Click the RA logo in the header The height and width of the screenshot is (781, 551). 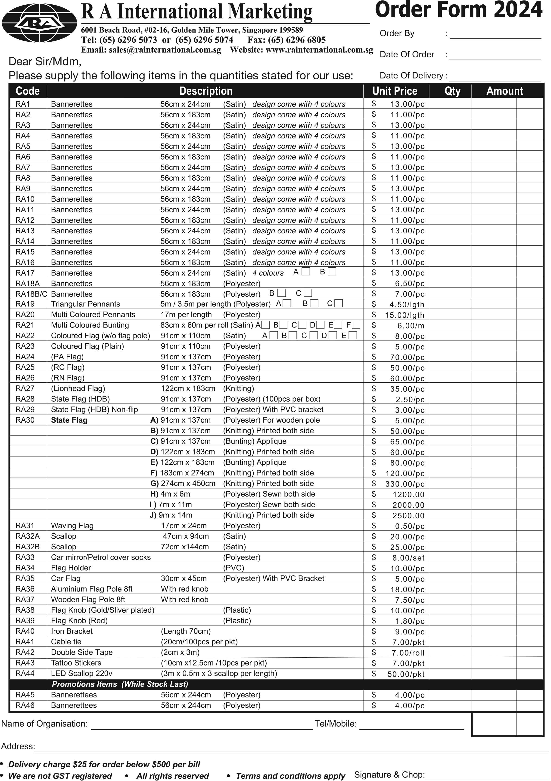pyautogui.click(x=39, y=23)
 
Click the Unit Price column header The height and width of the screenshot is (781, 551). pyautogui.click(x=395, y=91)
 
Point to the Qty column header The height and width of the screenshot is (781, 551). pyautogui.click(x=452, y=91)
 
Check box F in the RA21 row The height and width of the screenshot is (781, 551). pyautogui.click(x=356, y=325)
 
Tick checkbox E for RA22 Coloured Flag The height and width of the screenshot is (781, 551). pyautogui.click(x=353, y=335)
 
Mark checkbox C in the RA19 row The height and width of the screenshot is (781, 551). pyautogui.click(x=339, y=303)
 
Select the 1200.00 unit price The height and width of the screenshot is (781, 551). pyautogui.click(x=408, y=494)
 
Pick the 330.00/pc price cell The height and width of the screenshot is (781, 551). pyautogui.click(x=405, y=484)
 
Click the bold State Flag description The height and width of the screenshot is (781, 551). pyautogui.click(x=69, y=420)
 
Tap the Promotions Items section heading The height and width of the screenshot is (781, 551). pyautogui.click(x=120, y=684)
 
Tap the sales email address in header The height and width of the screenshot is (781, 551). pyautogui.click(x=151, y=50)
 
